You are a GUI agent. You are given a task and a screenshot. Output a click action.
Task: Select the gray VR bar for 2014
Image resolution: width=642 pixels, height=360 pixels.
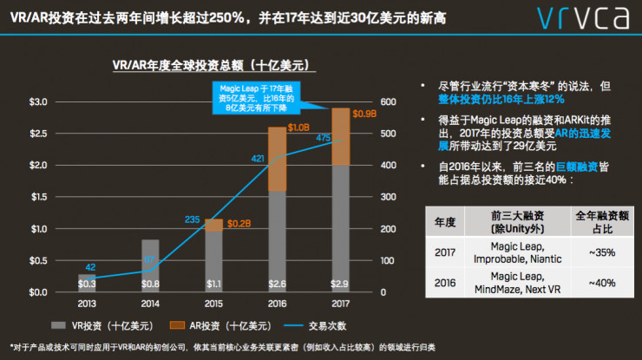(150, 265)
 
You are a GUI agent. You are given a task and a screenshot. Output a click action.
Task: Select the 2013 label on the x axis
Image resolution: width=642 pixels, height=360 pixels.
(87, 304)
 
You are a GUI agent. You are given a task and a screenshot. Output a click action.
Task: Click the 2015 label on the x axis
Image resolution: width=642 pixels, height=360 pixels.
(213, 304)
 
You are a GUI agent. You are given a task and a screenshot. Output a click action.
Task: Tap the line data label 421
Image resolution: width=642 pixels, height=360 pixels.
(259, 159)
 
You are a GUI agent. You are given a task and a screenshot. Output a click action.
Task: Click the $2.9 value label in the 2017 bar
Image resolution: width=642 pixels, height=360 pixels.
(340, 284)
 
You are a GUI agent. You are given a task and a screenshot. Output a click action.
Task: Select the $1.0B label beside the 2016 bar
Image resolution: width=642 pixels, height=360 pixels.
(299, 128)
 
